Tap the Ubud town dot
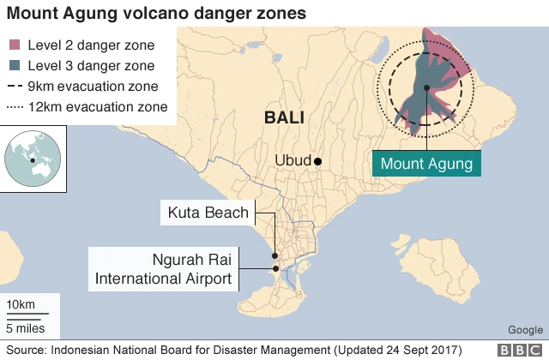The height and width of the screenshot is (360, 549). coord(317,161)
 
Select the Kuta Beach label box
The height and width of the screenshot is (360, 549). coord(208,213)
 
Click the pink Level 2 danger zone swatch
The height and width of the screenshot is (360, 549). coord(15,45)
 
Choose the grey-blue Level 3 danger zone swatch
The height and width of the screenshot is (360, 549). coord(15,65)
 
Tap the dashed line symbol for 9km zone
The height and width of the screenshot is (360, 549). coord(15,87)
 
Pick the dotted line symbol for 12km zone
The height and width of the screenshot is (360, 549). coord(15,107)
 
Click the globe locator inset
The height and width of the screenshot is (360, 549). coord(34,157)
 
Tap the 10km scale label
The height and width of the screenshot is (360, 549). coord(20,306)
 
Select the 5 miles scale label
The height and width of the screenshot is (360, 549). coord(25,327)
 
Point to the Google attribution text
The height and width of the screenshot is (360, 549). coord(524,330)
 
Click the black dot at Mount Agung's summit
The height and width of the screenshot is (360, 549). coord(426,87)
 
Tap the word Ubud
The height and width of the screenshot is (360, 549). coord(292,161)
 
